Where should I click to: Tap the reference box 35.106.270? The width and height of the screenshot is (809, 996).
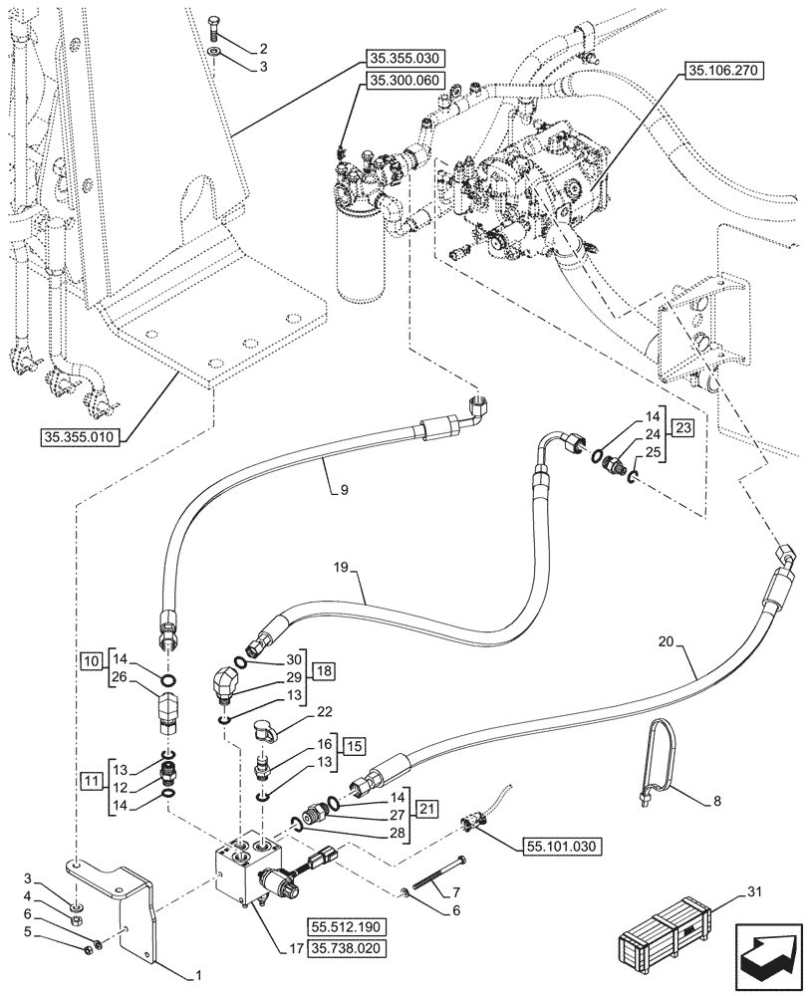point(721,71)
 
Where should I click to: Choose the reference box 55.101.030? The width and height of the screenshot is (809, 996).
point(560,846)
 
